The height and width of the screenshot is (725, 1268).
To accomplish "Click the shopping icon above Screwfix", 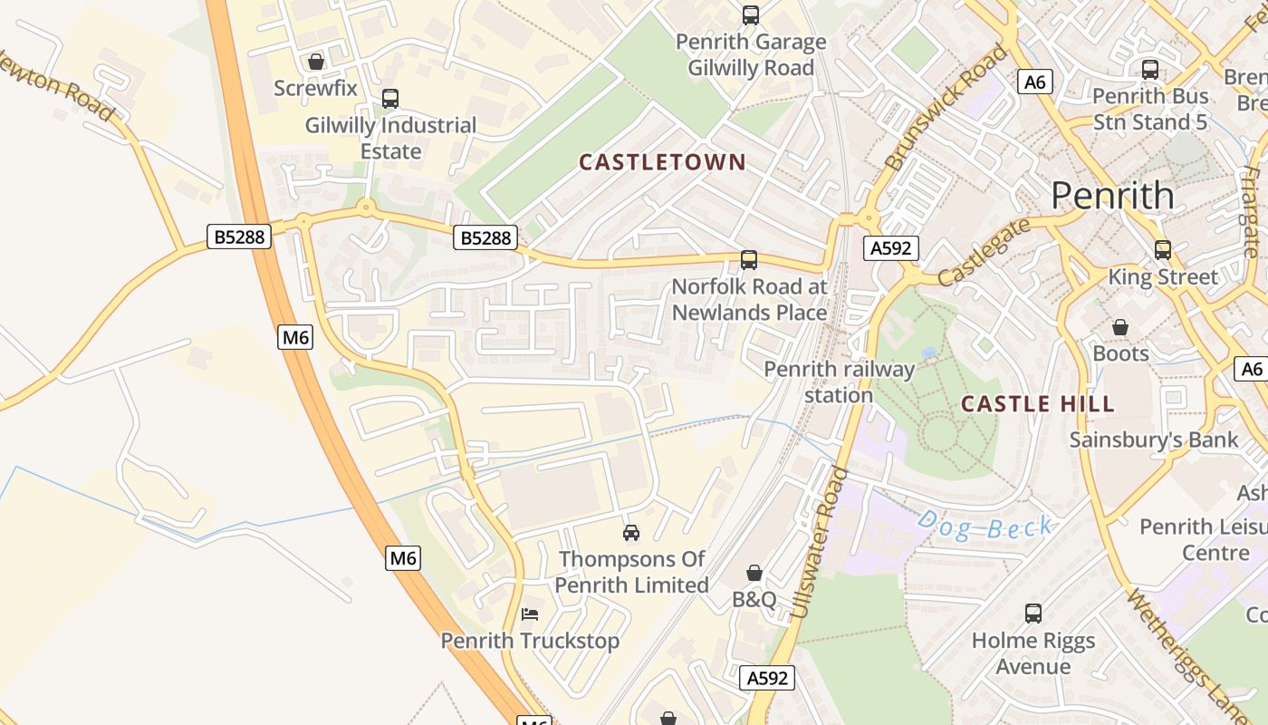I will click(x=316, y=62).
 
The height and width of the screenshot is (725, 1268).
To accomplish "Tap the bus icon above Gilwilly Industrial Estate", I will click(x=390, y=99).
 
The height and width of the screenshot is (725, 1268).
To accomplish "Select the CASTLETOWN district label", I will click(x=662, y=162).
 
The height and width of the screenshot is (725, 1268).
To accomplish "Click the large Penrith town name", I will click(x=1112, y=196).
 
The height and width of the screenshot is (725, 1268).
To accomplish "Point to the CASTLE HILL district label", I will click(x=1037, y=404).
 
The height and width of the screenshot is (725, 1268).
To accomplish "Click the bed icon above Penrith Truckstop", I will click(x=530, y=614).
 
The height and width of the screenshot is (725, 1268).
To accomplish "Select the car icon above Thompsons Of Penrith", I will click(x=631, y=532).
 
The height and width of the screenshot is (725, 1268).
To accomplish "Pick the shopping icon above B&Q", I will click(x=754, y=573).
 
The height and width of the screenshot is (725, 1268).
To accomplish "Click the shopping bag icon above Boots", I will click(x=1120, y=327).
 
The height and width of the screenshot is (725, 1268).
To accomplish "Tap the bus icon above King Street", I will click(x=1163, y=249).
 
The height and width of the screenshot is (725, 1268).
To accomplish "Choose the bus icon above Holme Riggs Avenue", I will click(x=1033, y=614).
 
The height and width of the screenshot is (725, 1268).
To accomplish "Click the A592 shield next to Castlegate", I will click(x=890, y=248).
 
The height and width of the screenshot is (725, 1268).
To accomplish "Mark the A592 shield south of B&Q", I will click(x=767, y=678).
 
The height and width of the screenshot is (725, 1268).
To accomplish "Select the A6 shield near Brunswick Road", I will click(x=1033, y=82).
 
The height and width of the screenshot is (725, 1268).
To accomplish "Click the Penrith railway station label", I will click(x=839, y=382).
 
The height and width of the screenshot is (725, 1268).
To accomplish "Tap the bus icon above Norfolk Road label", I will click(x=749, y=260).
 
